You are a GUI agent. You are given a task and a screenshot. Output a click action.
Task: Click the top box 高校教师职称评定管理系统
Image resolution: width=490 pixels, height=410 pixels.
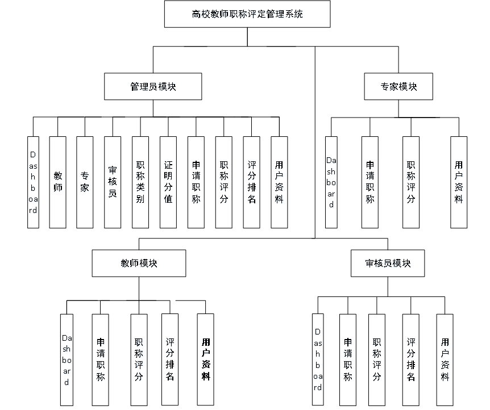[247, 15]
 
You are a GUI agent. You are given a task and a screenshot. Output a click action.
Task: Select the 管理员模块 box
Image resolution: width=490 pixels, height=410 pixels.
[152, 87]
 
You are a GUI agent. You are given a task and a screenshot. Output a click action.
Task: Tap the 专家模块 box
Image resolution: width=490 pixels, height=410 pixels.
[398, 87]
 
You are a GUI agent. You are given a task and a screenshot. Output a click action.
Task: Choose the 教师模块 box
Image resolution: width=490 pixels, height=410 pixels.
[139, 264]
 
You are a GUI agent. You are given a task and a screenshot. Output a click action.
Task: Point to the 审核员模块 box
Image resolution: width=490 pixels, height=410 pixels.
[387, 264]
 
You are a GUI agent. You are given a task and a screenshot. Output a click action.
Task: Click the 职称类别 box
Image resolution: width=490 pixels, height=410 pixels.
[140, 183]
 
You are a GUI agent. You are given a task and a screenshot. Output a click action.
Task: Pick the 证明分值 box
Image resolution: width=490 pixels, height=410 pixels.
[168, 183]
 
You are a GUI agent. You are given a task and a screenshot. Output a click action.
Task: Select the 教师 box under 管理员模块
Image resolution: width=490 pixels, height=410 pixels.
[58, 183]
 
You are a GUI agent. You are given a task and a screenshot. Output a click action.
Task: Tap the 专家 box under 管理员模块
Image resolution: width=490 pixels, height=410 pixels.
[85, 183]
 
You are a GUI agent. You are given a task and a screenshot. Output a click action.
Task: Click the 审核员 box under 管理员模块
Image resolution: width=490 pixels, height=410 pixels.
[112, 183]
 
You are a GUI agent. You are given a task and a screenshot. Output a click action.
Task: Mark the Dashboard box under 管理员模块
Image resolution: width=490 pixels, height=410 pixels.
[33, 183]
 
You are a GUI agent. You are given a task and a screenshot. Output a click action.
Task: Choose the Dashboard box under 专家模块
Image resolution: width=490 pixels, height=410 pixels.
[331, 183]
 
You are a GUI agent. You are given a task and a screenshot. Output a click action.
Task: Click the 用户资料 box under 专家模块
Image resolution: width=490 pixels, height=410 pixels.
[458, 183]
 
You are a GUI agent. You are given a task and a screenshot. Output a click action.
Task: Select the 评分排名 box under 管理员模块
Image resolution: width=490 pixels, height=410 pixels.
[252, 183]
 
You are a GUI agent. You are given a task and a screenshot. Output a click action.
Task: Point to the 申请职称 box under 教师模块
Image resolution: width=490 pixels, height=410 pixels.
[101, 360]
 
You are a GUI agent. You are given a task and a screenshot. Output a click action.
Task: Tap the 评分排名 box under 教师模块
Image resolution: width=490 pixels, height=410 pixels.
[169, 360]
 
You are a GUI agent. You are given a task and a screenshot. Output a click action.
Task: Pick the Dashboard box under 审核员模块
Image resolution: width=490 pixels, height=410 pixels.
[318, 360]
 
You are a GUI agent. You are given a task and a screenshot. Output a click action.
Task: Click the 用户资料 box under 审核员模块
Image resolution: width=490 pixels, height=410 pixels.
[445, 360]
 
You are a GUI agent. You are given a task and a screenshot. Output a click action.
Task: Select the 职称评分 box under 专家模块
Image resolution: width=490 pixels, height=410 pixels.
[411, 183]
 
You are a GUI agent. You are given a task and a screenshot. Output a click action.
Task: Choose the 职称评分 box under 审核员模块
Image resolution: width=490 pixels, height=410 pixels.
[377, 360]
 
